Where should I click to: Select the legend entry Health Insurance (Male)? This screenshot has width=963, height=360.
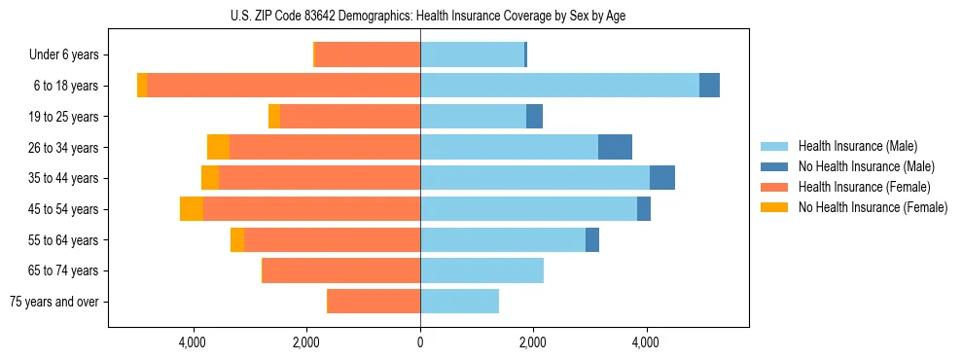click(857, 146)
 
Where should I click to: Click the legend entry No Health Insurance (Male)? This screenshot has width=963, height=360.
click(866, 166)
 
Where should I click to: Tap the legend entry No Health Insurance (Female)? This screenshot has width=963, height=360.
click(873, 207)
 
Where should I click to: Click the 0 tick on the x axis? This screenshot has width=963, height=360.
click(420, 342)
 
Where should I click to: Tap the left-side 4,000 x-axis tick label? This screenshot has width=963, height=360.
click(193, 342)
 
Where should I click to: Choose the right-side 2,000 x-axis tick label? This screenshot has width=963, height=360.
click(533, 342)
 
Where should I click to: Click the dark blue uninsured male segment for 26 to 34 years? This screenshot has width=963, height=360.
click(615, 147)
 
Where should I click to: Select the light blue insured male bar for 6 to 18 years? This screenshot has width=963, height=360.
click(559, 86)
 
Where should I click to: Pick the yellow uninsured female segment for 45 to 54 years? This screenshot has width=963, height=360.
click(192, 209)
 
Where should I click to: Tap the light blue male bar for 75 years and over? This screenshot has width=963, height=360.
click(459, 302)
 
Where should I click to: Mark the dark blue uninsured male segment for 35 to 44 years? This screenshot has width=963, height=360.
click(661, 178)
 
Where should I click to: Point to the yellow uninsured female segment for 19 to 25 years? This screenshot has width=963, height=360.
click(274, 117)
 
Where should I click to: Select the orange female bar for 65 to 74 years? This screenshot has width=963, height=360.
click(341, 270)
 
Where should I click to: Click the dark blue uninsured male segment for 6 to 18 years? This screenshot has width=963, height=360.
click(709, 86)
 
